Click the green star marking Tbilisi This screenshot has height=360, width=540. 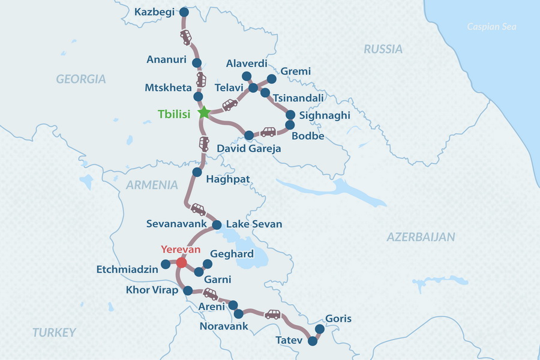point(203,112)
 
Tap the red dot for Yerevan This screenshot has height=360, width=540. point(181,262)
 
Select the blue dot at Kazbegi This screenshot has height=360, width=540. point(184,12)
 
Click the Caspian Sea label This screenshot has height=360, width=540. point(492,26)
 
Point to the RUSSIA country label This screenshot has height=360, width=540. point(383,49)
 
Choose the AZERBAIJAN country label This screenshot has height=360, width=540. point(421,236)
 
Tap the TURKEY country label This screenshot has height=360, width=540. point(55,332)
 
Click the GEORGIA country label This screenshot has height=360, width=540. point(81,79)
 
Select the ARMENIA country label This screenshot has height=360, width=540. point(152,185)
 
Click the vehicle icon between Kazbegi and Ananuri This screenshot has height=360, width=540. point(186,37)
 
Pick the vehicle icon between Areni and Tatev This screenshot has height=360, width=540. point(272,314)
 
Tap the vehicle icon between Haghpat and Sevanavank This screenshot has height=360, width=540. point(197,209)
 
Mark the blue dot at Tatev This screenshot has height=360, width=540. point(312,341)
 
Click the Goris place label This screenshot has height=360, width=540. point(338,319)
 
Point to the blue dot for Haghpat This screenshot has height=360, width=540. point(197,172)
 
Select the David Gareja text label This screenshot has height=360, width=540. point(248,148)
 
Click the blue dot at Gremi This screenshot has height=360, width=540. point(271,79)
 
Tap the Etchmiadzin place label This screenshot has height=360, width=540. point(127,269)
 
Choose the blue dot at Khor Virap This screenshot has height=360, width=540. point(188,290)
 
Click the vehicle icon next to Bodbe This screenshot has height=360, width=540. point(268,132)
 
